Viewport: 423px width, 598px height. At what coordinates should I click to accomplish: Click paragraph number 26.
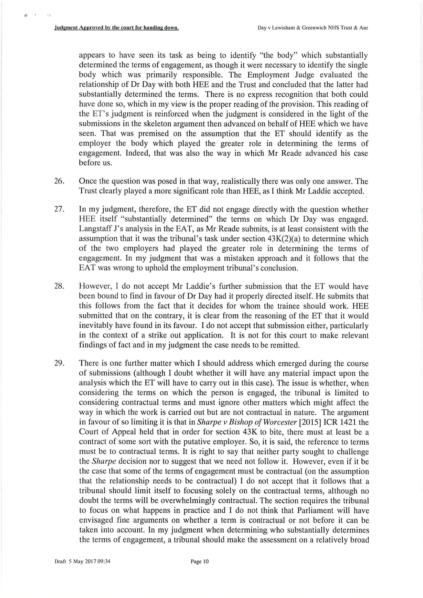click(x=59, y=181)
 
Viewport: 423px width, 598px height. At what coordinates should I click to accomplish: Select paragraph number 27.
click(x=59, y=209)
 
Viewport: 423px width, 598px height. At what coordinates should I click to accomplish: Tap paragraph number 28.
click(x=59, y=286)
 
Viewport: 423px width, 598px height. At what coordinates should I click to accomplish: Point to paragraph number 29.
click(x=59, y=363)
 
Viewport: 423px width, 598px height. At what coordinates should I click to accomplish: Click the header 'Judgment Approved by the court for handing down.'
click(x=116, y=28)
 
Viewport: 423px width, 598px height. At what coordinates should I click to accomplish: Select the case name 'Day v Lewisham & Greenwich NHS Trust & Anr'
click(x=313, y=28)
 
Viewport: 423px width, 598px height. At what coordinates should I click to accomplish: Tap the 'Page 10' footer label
click(x=200, y=561)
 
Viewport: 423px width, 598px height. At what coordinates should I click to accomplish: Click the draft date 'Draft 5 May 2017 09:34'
click(x=82, y=561)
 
